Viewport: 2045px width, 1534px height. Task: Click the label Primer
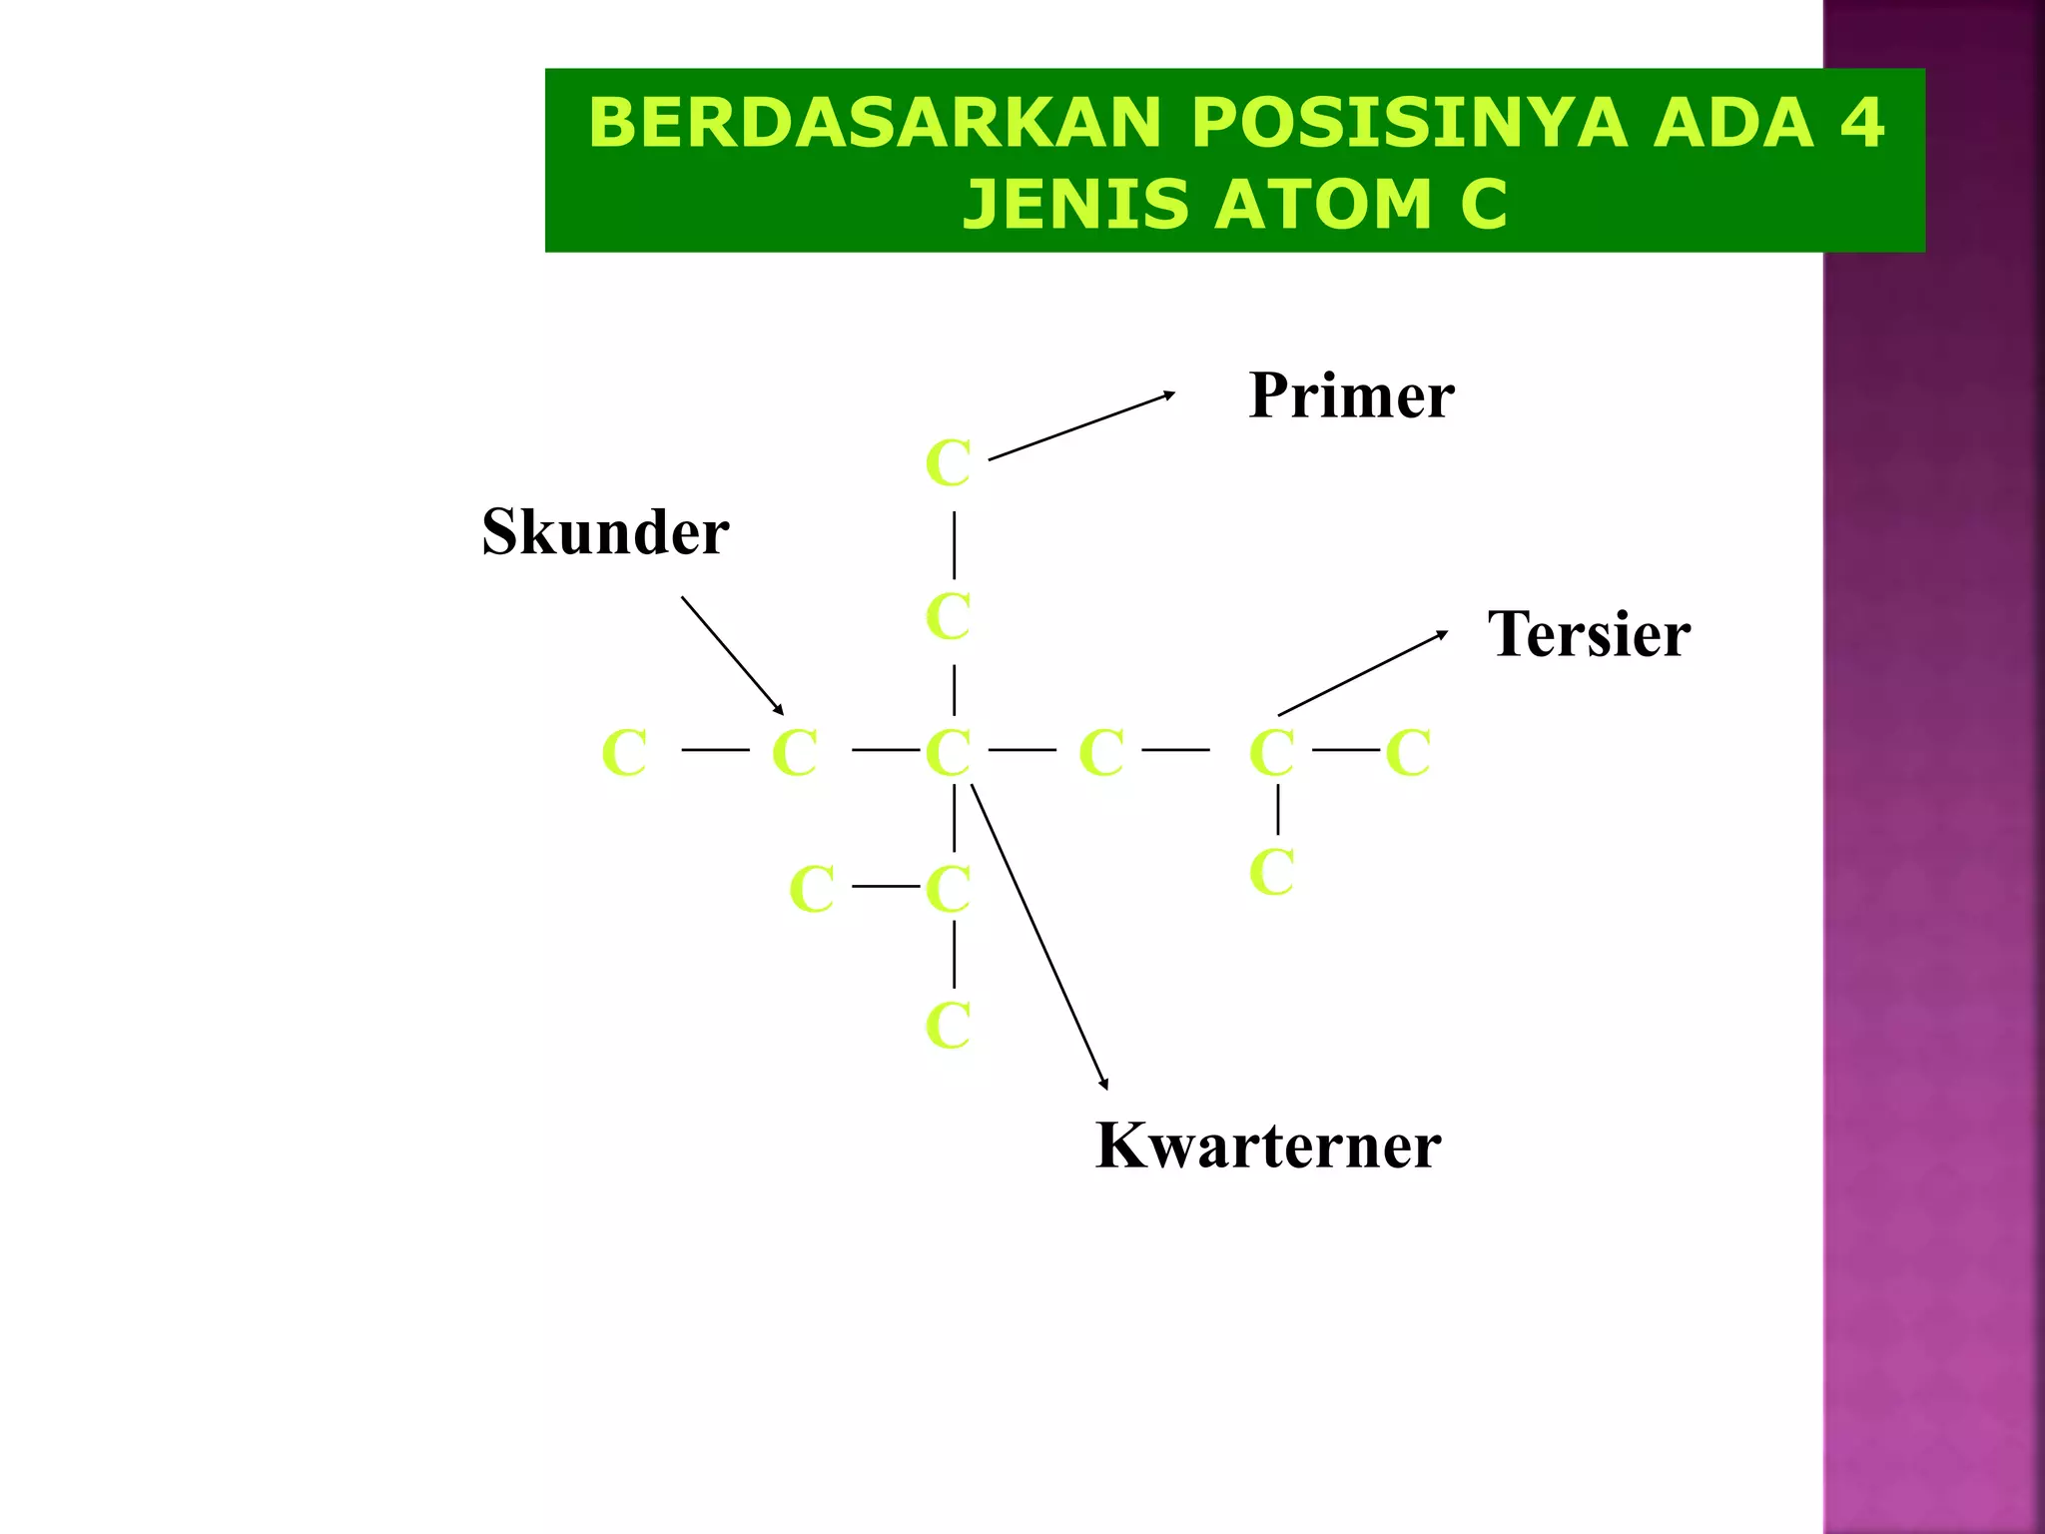coord(1351,396)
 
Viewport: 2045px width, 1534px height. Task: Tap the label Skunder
coord(605,532)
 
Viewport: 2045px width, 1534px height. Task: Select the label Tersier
coord(1589,634)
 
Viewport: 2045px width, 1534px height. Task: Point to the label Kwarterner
coord(1268,1146)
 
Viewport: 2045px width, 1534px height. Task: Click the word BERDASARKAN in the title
coord(875,123)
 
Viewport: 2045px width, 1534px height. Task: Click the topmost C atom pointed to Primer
coord(948,463)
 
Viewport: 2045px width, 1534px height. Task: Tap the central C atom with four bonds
coord(948,752)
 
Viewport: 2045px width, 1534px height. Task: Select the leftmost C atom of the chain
coord(625,752)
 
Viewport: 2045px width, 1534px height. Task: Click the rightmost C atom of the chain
coord(1408,752)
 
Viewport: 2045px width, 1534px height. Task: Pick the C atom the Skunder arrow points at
coord(795,752)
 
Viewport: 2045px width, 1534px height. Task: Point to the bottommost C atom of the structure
coord(948,1026)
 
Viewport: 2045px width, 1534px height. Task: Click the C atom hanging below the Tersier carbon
coord(1271,872)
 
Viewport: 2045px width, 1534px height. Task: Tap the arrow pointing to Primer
coord(1081,426)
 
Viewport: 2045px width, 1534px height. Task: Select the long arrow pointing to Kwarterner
coord(1039,937)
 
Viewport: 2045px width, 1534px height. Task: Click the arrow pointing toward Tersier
coord(1363,673)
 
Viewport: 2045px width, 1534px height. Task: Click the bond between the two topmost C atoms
coord(955,544)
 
